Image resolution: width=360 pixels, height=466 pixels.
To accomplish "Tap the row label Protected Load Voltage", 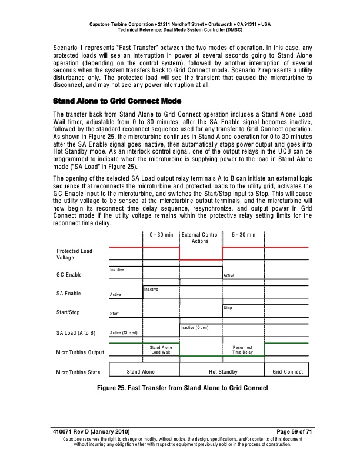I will pos(74,255).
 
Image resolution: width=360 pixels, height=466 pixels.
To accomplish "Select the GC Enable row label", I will pos(69,275).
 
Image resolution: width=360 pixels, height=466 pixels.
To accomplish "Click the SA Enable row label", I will pos(69,294).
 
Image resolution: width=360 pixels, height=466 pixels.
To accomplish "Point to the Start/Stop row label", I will pos(68,313).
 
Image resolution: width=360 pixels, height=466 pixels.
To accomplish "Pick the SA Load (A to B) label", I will pos(76,333).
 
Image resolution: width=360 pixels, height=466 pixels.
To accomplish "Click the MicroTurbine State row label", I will pos(78,372).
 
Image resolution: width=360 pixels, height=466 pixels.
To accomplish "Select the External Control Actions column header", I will pos(201,238).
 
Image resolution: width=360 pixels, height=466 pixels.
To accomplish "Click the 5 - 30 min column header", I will pos(244,235).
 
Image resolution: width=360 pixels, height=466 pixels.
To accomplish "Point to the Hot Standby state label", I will pos(223,372).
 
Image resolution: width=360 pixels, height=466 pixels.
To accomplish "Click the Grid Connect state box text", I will pos(288,372).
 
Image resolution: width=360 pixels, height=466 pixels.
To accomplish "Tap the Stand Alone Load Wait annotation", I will pos(161,349).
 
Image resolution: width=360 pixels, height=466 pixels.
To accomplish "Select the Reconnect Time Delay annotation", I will pos(242,349).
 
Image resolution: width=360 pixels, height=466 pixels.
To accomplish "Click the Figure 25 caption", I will pos(179,388).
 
